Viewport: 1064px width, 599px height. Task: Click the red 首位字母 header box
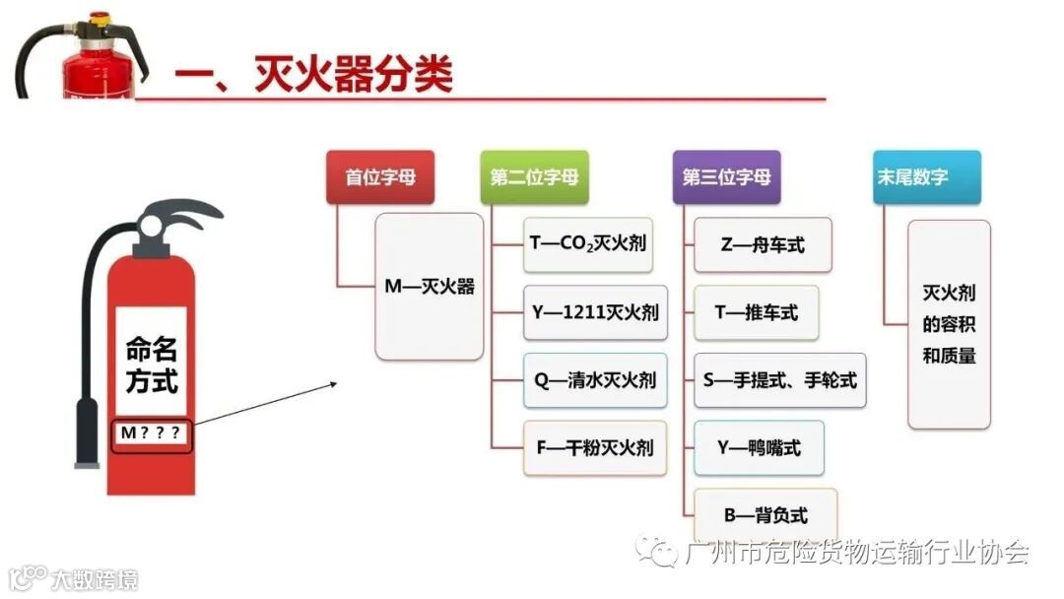[380, 177]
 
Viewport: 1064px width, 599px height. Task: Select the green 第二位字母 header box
[534, 177]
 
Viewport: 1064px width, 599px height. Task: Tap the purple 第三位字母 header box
[726, 177]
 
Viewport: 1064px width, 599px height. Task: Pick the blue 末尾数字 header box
[913, 177]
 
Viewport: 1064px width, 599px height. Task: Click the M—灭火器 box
[430, 287]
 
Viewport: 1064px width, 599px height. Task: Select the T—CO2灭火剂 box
[588, 244]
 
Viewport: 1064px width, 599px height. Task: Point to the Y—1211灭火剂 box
[595, 312]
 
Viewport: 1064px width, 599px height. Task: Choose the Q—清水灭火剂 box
[595, 380]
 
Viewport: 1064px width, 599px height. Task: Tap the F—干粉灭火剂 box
[595, 448]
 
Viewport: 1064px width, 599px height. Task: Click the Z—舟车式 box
[763, 244]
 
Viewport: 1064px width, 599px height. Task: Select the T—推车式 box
[756, 312]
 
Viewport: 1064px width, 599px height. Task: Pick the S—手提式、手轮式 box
[780, 380]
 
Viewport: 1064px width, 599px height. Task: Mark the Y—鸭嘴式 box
[759, 448]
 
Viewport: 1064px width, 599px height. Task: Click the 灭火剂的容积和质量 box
[949, 324]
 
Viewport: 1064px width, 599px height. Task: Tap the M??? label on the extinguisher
[152, 433]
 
